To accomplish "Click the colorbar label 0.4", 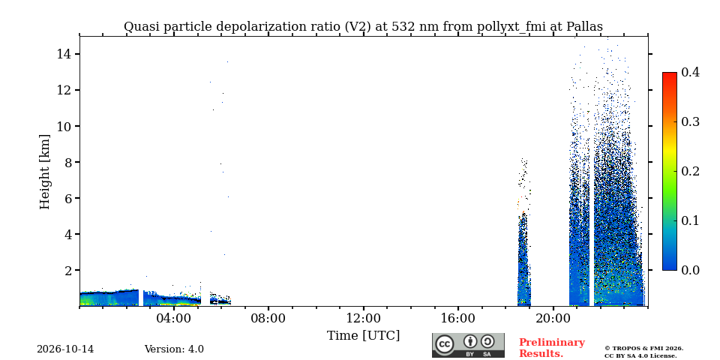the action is [x=690, y=72].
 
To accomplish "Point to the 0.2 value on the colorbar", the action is [x=690, y=171].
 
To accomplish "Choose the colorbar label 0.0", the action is [x=690, y=270].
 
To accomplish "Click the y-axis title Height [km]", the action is [x=44, y=172].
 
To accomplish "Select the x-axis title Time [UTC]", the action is [x=363, y=336].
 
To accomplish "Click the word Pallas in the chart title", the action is [x=584, y=27].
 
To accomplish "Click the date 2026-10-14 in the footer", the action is [x=65, y=349].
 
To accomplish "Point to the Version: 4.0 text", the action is [x=174, y=349].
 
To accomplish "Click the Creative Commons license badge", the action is [x=468, y=345].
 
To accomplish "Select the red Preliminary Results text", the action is [x=552, y=348].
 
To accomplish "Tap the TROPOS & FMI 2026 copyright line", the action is [x=643, y=349].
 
